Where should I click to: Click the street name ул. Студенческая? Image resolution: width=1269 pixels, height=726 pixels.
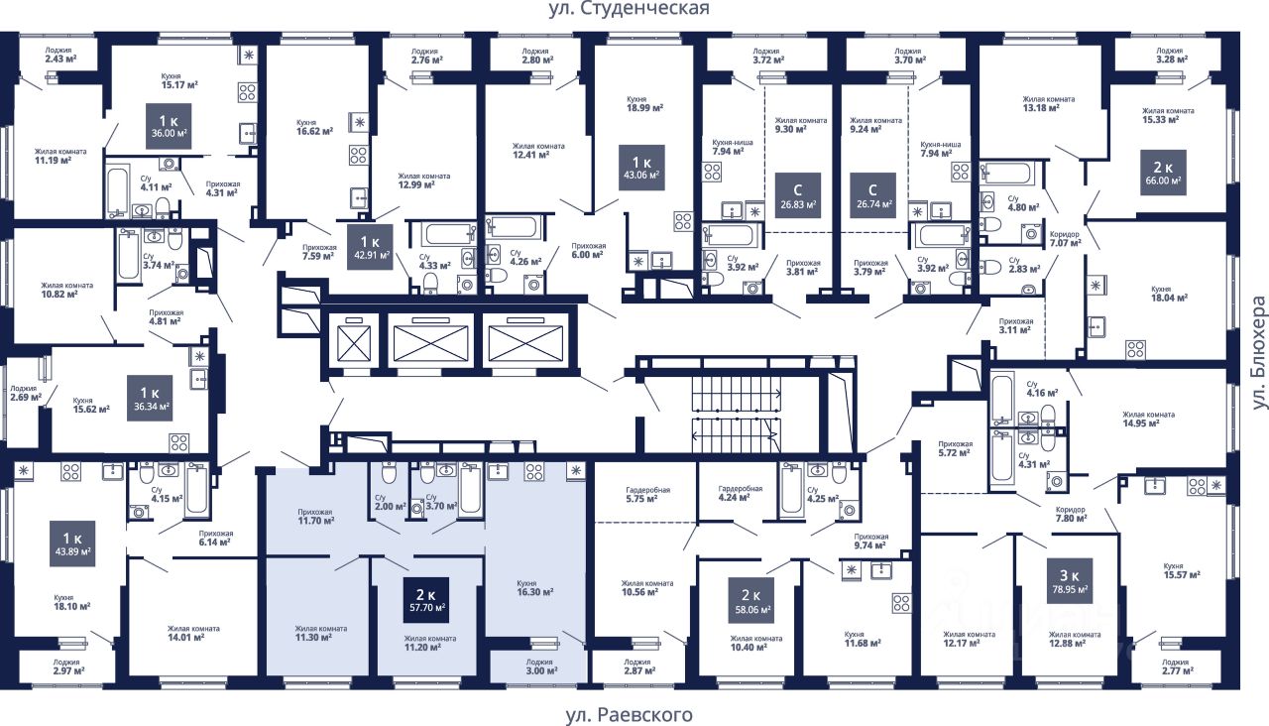[629, 9]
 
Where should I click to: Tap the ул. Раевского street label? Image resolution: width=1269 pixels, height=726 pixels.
[629, 715]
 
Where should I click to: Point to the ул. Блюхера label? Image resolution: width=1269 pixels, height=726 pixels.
[1258, 352]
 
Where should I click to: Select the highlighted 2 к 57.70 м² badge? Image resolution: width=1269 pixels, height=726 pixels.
[426, 600]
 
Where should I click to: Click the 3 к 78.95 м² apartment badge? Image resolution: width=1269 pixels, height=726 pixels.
[1070, 581]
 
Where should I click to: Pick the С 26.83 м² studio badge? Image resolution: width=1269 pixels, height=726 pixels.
[798, 195]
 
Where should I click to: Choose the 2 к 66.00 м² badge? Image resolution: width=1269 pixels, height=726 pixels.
[1163, 173]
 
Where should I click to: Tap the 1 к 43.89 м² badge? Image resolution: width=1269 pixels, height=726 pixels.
[72, 544]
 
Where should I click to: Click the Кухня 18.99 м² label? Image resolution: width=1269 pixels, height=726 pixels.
[644, 104]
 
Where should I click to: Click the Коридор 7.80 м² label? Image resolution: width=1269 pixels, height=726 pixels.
[1071, 514]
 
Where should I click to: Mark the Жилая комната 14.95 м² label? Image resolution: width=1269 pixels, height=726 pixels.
[1148, 419]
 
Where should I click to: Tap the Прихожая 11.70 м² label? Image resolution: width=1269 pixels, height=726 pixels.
[315, 517]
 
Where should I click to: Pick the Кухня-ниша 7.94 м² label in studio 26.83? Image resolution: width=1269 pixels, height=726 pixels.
[733, 147]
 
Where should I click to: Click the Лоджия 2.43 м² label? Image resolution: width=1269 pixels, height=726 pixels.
[60, 55]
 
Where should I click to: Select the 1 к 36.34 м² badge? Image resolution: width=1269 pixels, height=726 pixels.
[150, 398]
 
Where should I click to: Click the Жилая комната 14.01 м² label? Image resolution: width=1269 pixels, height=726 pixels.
[193, 633]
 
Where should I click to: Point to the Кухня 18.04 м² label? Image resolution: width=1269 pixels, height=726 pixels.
[1169, 294]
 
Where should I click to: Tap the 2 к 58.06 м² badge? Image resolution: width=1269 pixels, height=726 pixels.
[751, 600]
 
